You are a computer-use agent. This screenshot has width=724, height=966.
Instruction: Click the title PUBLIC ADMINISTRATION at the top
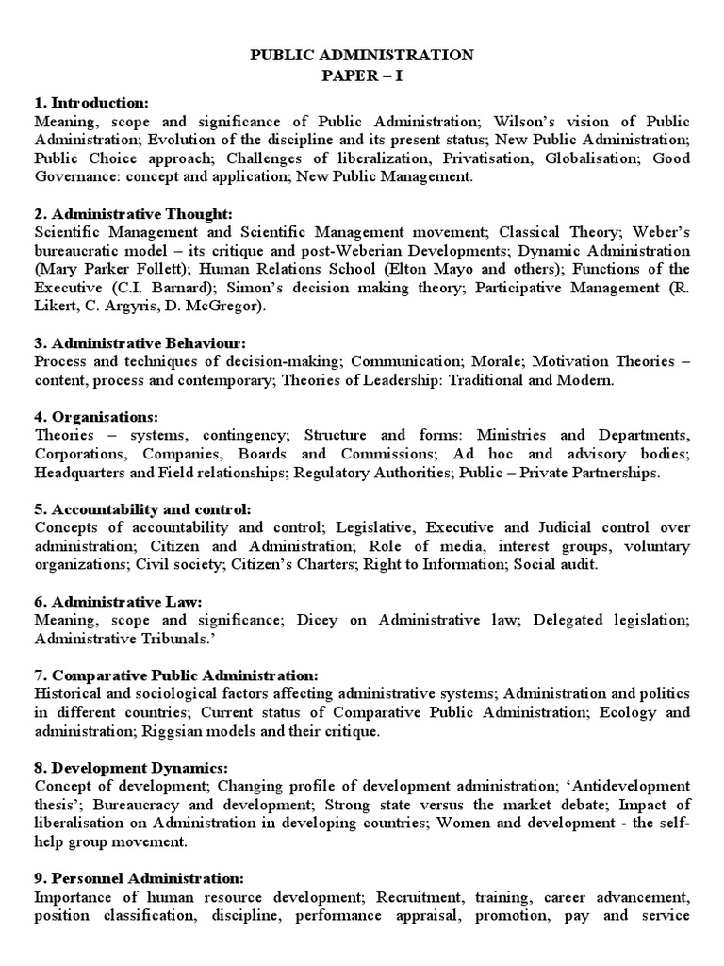click(x=362, y=57)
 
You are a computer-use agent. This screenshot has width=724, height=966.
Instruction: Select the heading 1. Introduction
click(x=90, y=103)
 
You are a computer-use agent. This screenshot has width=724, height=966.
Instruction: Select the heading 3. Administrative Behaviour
click(x=139, y=343)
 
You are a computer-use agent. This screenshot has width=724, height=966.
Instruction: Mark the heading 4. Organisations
click(x=96, y=417)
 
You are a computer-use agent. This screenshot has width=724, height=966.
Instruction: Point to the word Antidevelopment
click(x=638, y=786)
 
